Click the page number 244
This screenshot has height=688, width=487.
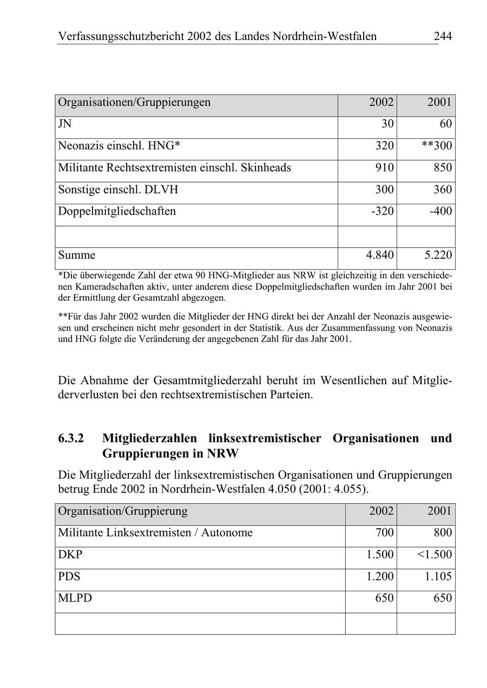(442, 36)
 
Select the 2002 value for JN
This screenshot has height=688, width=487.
(387, 124)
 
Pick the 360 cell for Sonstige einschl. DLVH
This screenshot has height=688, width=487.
(442, 190)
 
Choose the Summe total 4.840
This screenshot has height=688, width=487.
(380, 255)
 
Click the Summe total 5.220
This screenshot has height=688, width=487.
(438, 255)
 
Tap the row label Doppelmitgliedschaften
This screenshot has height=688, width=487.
(117, 211)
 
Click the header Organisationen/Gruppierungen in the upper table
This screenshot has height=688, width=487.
(134, 102)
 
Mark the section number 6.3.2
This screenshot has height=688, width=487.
(71, 438)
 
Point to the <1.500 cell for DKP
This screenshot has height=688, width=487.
(435, 555)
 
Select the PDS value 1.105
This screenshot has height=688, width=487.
(438, 577)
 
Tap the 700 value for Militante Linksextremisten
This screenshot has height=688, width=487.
(384, 533)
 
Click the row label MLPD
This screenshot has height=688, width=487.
(75, 599)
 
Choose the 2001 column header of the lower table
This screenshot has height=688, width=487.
(439, 511)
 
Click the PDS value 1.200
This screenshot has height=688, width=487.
(380, 577)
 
